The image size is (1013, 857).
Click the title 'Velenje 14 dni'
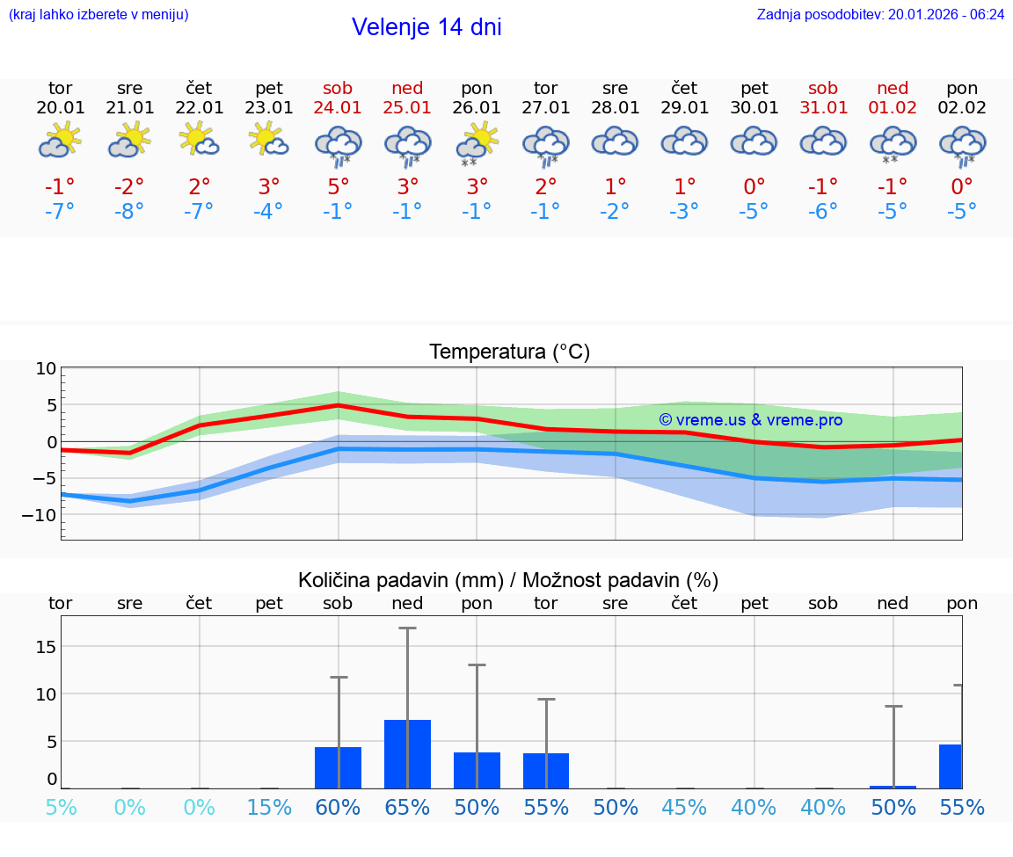[426, 27]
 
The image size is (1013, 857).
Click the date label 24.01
[338, 108]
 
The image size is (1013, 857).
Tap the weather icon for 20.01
[60, 141]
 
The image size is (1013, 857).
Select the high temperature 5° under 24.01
[338, 186]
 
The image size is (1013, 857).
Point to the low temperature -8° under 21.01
[129, 212]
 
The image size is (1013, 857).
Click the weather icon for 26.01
[477, 143]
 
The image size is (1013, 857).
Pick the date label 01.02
[893, 108]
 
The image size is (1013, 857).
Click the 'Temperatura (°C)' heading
[509, 352]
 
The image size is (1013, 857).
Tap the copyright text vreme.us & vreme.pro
[751, 420]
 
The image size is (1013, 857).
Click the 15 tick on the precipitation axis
[46, 647]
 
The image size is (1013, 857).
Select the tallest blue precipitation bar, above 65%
[407, 754]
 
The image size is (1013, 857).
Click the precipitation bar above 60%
[338, 767]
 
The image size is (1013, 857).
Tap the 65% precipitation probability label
[407, 807]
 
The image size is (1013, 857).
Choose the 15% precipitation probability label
[269, 807]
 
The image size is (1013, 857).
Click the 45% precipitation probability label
[684, 807]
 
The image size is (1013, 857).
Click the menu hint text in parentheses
[98, 15]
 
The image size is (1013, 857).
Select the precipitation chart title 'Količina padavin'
[508, 580]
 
